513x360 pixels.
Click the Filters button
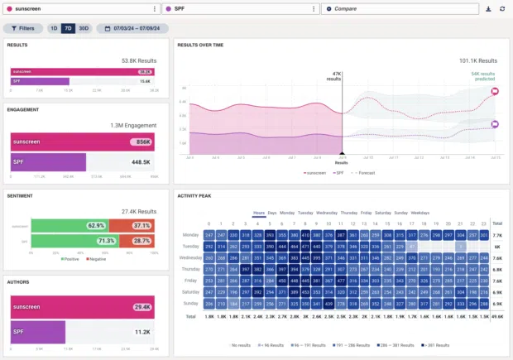[23, 28]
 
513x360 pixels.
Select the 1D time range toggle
[54, 28]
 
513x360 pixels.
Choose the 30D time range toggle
[84, 28]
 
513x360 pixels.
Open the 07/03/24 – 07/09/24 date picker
[132, 28]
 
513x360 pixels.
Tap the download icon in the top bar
[489, 9]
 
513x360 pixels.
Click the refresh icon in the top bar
[502, 9]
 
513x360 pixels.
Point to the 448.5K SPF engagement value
[141, 162]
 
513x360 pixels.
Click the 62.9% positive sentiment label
[96, 225]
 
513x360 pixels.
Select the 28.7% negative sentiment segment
[141, 241]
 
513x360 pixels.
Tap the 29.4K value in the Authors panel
[141, 307]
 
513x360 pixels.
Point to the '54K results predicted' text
[483, 76]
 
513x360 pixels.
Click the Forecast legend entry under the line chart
[362, 173]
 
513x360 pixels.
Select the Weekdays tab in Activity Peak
[420, 213]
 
